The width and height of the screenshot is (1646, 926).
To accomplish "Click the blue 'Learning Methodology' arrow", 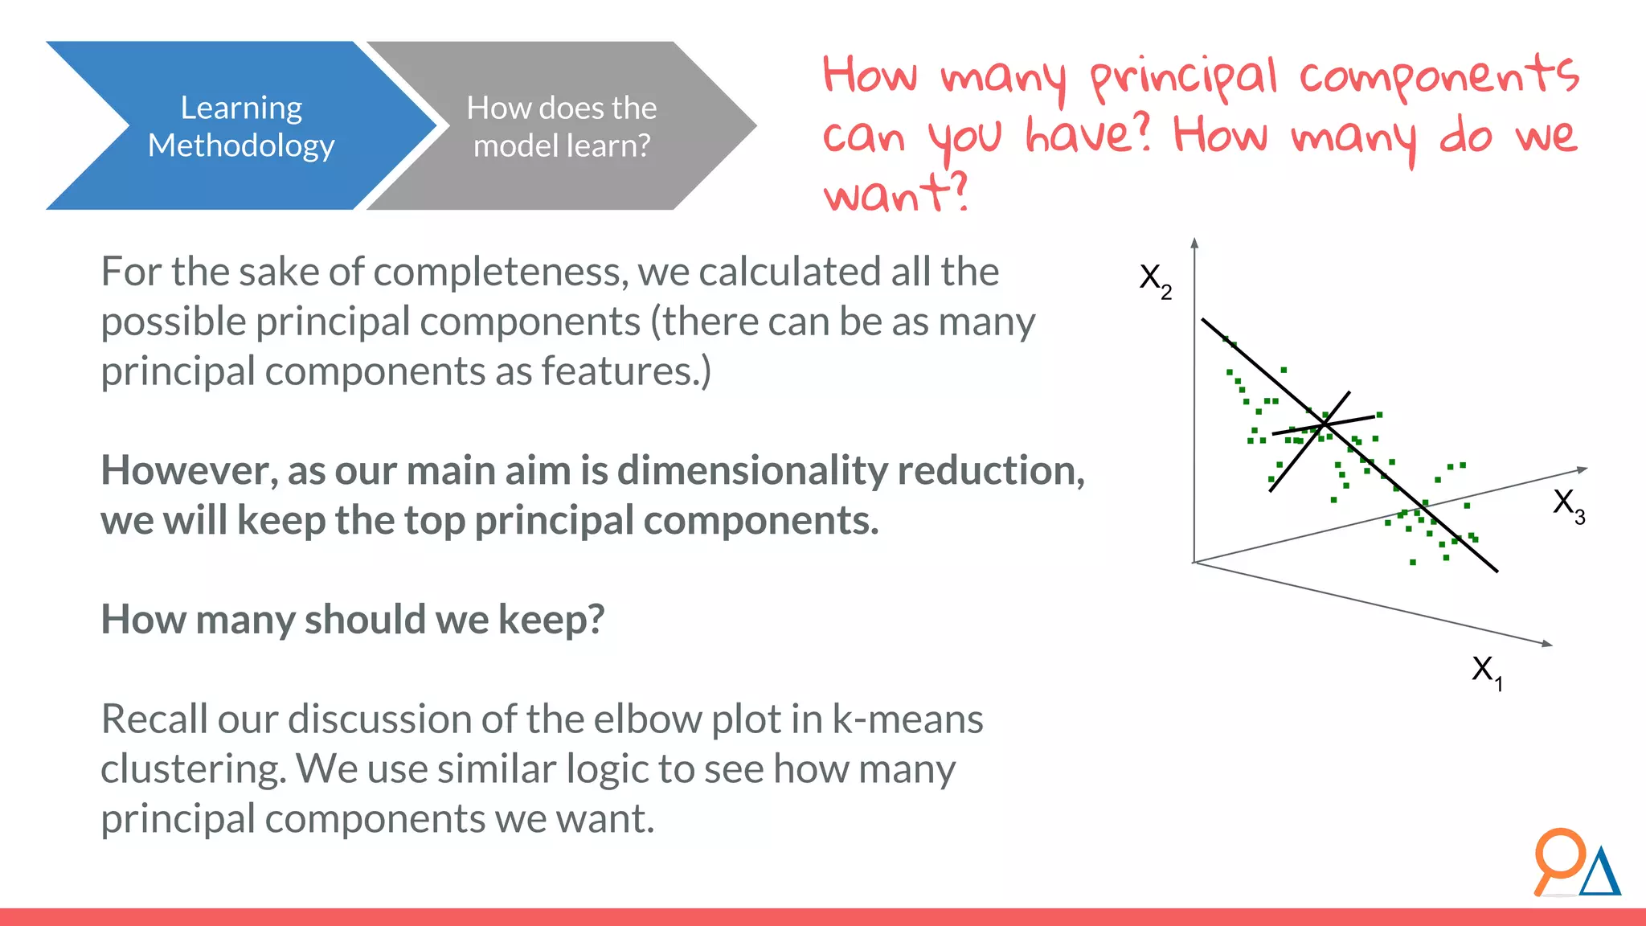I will (241, 126).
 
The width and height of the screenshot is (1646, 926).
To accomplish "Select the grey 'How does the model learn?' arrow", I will (561, 126).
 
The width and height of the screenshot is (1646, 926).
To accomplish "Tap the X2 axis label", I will (1155, 281).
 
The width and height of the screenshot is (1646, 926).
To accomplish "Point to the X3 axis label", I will (1568, 506).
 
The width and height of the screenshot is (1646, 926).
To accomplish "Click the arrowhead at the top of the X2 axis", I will (1195, 243).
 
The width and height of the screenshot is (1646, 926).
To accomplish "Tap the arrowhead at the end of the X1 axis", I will (1547, 643).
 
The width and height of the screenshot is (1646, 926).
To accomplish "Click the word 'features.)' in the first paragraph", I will (626, 371).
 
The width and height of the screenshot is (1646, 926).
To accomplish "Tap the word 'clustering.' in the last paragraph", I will (193, 769).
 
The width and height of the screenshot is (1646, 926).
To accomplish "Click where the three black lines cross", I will (1325, 424).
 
